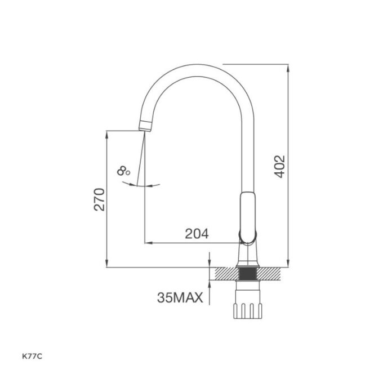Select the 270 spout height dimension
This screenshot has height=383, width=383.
(99, 199)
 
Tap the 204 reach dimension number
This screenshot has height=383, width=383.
(197, 234)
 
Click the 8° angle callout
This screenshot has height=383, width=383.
(124, 171)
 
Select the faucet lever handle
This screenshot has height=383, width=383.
(247, 214)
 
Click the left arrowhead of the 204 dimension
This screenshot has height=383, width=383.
(148, 243)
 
